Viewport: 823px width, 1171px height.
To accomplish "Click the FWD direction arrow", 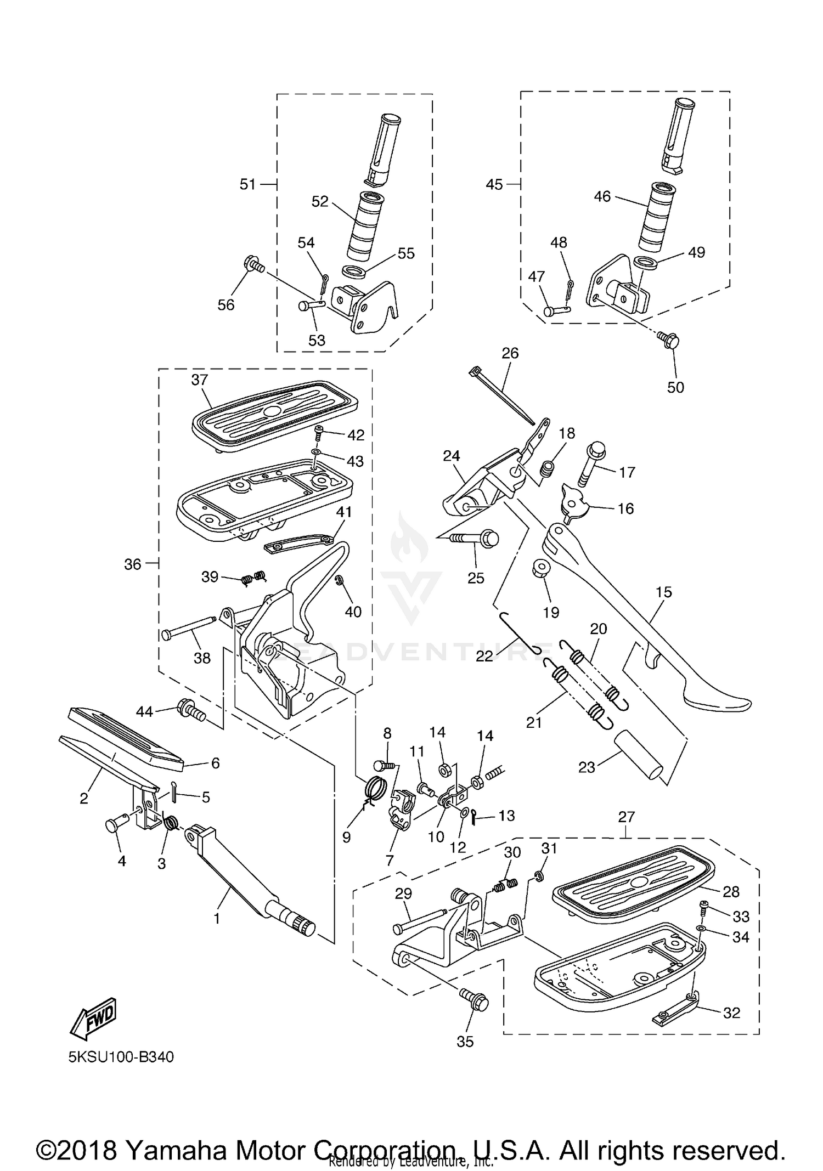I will pos(93,1019).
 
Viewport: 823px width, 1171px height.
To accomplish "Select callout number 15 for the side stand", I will pos(664,592).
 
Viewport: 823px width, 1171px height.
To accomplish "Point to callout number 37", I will pos(200,380).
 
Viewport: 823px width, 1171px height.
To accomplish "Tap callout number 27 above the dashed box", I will pos(626,817).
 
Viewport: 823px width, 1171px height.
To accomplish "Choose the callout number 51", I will pos(247,184).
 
